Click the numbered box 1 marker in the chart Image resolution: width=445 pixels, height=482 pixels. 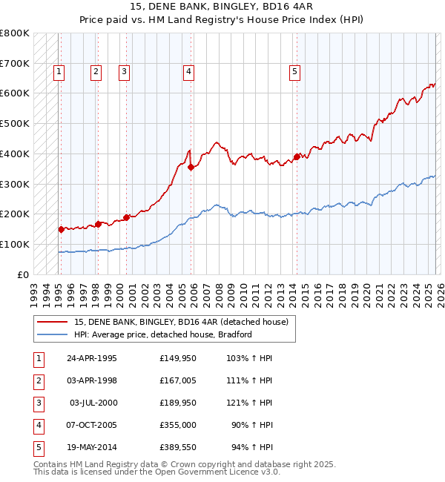pyautogui.click(x=59, y=72)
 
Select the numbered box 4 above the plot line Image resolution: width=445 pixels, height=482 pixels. pyautogui.click(x=189, y=72)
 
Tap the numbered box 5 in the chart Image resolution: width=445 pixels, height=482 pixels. pyautogui.click(x=295, y=72)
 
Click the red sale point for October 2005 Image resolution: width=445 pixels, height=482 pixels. pyautogui.click(x=191, y=167)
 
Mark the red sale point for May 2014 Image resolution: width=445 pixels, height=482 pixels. pyautogui.click(x=297, y=156)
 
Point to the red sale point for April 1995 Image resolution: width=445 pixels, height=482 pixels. pyautogui.click(x=61, y=229)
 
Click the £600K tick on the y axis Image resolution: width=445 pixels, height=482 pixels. pyautogui.click(x=15, y=93)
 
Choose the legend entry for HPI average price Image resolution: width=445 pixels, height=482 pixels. pyautogui.click(x=163, y=334)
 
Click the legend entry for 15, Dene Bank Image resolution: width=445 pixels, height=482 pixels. pyautogui.click(x=181, y=321)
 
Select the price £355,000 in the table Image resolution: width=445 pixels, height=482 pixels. pyautogui.click(x=178, y=425)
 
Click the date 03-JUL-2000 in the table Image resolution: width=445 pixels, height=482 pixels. pyautogui.click(x=93, y=403)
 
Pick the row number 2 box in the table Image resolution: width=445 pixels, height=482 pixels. pyautogui.click(x=38, y=380)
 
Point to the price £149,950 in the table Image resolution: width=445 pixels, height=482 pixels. pyautogui.click(x=178, y=358)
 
